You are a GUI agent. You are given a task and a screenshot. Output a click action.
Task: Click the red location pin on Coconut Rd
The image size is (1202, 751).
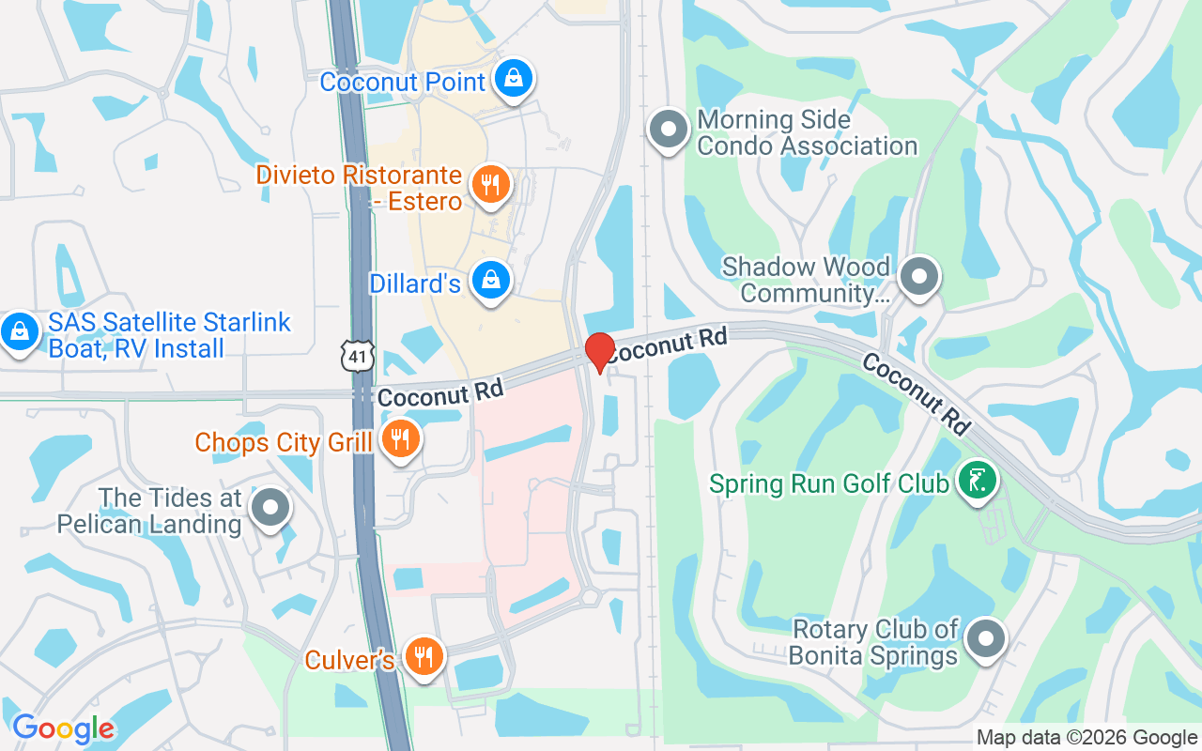599,351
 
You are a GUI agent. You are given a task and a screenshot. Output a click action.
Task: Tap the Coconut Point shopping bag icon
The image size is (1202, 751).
514,79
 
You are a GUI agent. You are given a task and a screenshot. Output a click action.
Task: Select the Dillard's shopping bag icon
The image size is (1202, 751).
490,280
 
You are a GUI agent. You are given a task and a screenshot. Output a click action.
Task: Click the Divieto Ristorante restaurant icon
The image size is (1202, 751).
489,183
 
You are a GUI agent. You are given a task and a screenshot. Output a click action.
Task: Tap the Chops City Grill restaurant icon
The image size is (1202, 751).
401,438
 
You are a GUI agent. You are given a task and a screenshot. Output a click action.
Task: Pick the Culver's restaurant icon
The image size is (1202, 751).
424,654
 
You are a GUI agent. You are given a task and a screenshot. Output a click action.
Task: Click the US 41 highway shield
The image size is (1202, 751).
358,355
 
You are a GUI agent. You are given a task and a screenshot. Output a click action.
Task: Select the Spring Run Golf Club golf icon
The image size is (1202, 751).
978,481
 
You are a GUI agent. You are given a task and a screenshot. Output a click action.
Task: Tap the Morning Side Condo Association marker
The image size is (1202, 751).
669,130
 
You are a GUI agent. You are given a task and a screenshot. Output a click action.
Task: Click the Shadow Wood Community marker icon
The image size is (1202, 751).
919,277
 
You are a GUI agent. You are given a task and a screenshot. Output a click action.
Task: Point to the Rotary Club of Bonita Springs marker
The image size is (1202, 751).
985,639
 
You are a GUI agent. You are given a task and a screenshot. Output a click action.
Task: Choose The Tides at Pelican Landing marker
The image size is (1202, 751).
271,508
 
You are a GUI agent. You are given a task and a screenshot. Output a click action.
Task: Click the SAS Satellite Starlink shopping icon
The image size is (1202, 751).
18,331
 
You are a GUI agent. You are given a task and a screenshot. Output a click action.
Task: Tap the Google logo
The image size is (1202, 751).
63,728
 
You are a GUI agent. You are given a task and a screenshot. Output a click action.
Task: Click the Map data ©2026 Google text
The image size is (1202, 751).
1086,738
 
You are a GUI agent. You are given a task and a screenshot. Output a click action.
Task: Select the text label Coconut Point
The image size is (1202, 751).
403,82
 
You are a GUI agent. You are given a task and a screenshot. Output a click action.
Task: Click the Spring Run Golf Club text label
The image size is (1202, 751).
829,484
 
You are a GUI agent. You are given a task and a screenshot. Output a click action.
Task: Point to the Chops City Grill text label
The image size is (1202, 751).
284,442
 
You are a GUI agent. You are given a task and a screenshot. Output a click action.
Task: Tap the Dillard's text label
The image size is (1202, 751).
415,283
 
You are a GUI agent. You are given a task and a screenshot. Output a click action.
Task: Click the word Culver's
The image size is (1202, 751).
349,660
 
